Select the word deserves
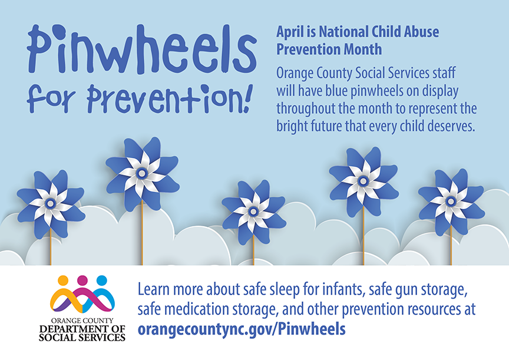[447, 127]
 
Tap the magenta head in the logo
[82, 280]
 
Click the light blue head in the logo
[101, 280]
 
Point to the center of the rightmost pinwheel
[451, 201]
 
